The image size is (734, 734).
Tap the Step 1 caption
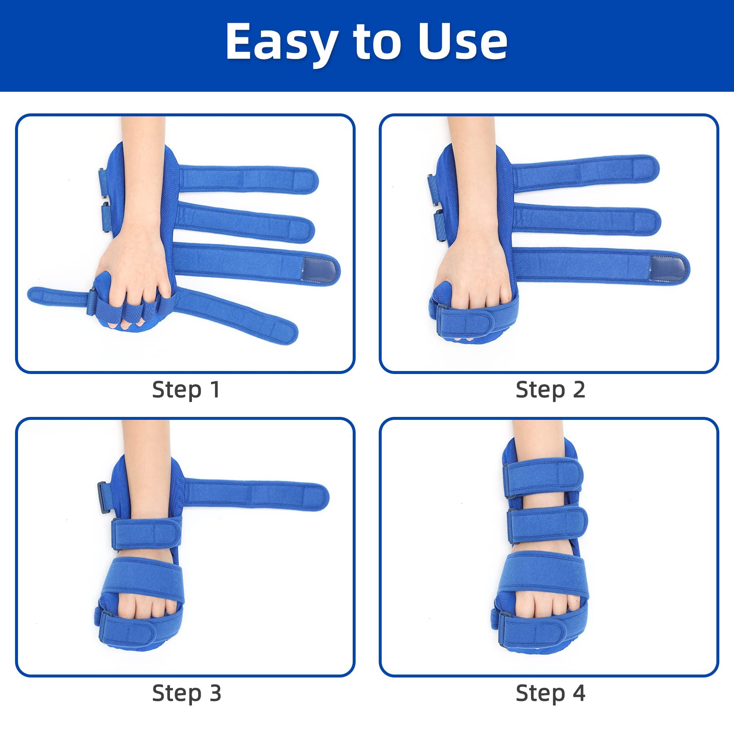pos(186,390)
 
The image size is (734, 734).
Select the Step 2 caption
pos(550,390)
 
